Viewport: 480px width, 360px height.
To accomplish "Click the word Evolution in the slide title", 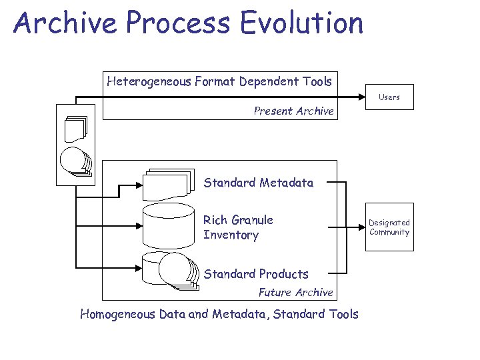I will [x=302, y=23].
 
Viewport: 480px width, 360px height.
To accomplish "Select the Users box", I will [x=389, y=97].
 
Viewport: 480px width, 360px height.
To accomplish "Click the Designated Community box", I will [x=389, y=227].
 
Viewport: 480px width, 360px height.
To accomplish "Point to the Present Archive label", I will [x=293, y=111].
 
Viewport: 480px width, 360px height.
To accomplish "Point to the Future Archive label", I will [x=295, y=292].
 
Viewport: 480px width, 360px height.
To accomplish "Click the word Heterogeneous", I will [x=149, y=81].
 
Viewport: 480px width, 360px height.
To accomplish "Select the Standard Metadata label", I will [x=258, y=183].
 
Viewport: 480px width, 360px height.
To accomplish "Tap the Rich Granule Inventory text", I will [x=238, y=227].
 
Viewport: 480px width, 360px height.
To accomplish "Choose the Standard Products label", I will [x=256, y=274].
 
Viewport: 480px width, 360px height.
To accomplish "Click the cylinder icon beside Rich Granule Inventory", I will [x=168, y=226].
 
